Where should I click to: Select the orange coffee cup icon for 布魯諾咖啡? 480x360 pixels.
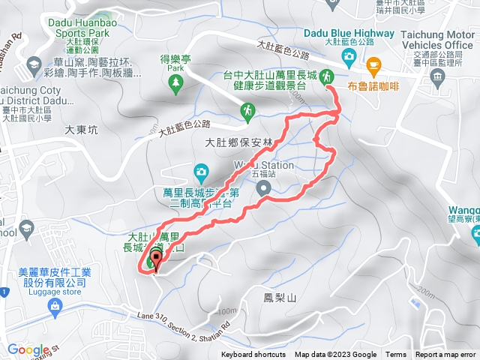(x=371, y=67)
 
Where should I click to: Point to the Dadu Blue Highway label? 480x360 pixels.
(x=349, y=32)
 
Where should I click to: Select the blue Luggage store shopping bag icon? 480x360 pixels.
(x=53, y=306)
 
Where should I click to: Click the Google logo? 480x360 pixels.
(x=28, y=349)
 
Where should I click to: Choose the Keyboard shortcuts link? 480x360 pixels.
(x=253, y=355)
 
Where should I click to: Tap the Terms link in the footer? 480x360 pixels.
(x=396, y=355)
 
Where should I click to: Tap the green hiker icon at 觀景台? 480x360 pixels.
(x=327, y=76)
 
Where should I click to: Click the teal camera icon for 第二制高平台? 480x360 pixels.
(x=200, y=172)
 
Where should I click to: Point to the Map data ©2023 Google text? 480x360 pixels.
(x=335, y=355)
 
